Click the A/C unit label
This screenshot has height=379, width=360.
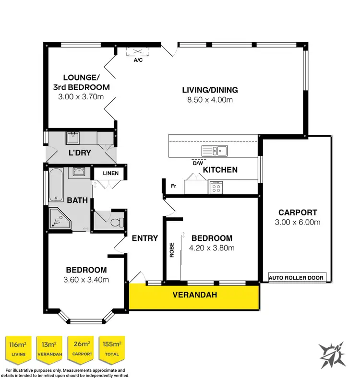[x=138, y=60]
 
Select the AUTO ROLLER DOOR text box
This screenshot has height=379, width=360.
[x=297, y=277]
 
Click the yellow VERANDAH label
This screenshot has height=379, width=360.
[x=194, y=295]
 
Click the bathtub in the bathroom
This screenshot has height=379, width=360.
[x=56, y=185]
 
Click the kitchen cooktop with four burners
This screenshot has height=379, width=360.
[x=216, y=187]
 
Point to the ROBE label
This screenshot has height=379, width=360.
[x=171, y=250]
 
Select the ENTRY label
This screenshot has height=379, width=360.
[x=144, y=238]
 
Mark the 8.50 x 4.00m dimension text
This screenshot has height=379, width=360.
[x=210, y=100]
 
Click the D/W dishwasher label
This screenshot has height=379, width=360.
[x=198, y=163]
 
